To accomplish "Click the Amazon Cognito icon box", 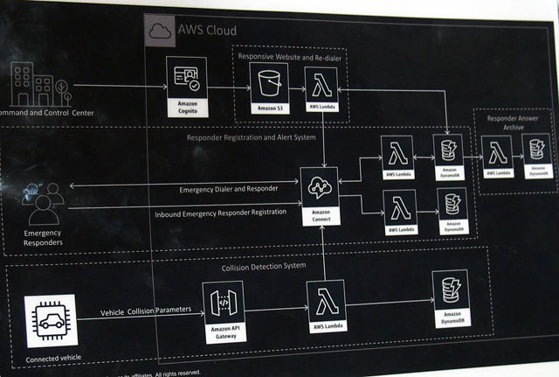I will click(187, 81).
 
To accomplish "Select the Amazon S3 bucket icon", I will click(267, 86).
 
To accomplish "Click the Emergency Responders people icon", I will click(43, 202).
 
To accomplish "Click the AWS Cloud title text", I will click(206, 31).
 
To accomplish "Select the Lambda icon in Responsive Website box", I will click(320, 86).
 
